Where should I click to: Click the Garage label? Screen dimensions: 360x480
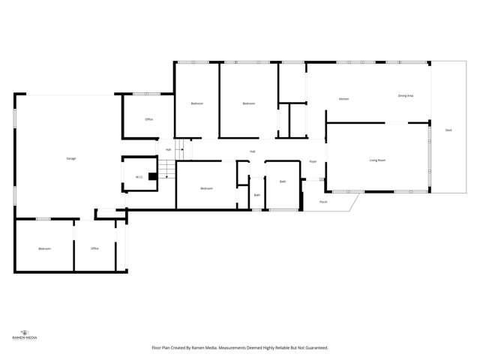[70, 158]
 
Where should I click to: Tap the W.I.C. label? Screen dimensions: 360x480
[139, 178]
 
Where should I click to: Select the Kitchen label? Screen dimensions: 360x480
[343, 99]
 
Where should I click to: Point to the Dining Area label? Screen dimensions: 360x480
[406, 96]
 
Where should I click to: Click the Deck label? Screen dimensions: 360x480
[448, 130]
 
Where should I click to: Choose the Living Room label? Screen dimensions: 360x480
[377, 160]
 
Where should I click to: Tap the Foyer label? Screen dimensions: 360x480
[313, 161]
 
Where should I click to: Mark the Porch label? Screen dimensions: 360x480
[323, 202]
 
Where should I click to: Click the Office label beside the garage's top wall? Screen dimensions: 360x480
[149, 119]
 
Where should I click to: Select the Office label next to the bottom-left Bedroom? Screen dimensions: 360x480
[94, 248]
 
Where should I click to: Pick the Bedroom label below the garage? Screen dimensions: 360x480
[44, 248]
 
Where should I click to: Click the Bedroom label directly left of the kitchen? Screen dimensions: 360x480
[249, 103]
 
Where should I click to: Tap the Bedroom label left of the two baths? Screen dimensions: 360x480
[206, 188]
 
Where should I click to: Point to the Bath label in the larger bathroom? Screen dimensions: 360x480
[283, 181]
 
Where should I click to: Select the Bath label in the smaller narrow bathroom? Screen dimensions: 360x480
[256, 195]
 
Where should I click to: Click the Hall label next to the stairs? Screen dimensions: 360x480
[168, 150]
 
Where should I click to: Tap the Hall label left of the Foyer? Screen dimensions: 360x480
[253, 151]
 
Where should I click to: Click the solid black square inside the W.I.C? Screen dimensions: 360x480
[152, 178]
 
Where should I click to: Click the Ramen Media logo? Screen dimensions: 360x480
[26, 334]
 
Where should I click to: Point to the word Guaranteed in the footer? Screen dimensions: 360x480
[314, 347]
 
